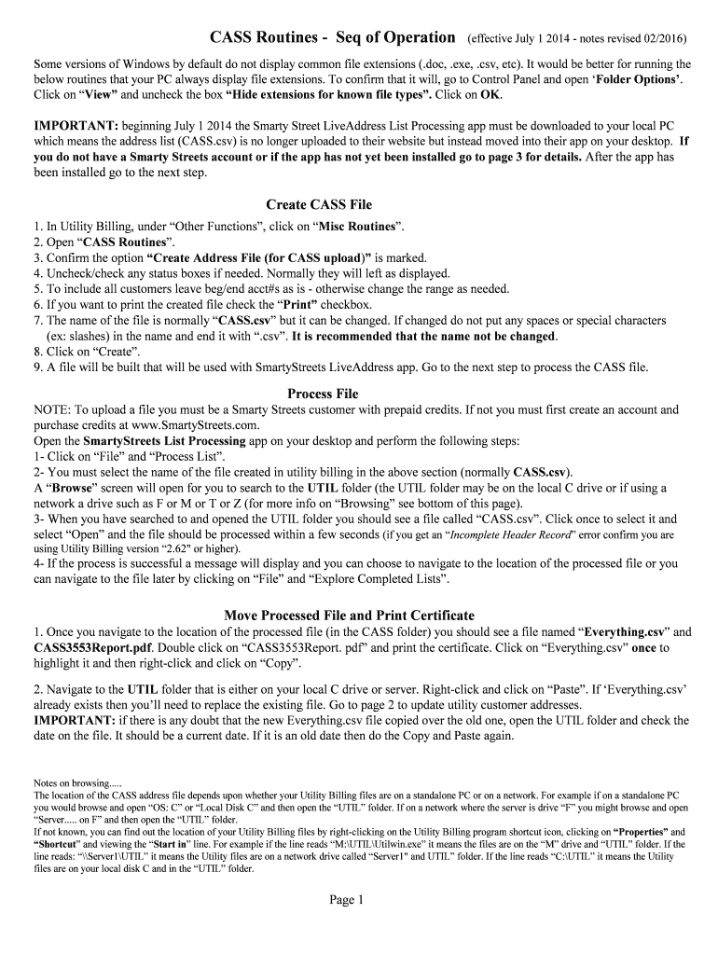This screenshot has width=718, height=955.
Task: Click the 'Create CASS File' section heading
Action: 319,204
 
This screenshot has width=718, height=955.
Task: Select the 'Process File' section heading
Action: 323,394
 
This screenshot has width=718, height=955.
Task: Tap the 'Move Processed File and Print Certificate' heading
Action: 350,616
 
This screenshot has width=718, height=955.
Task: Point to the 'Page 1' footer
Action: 346,900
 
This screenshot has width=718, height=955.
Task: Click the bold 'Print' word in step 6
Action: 299,305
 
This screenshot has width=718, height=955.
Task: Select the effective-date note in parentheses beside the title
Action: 577,39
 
